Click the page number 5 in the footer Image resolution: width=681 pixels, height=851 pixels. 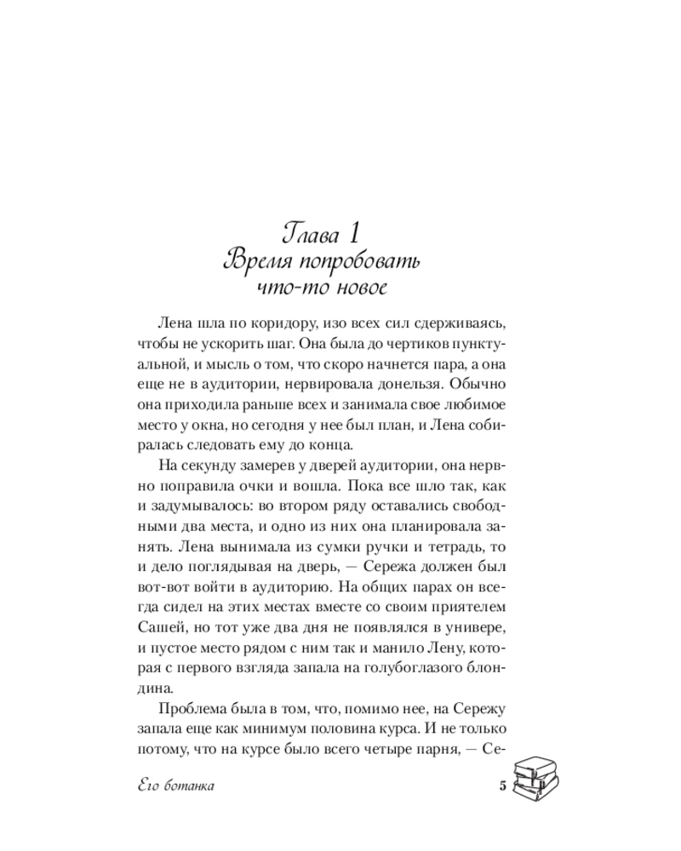coord(502,785)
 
